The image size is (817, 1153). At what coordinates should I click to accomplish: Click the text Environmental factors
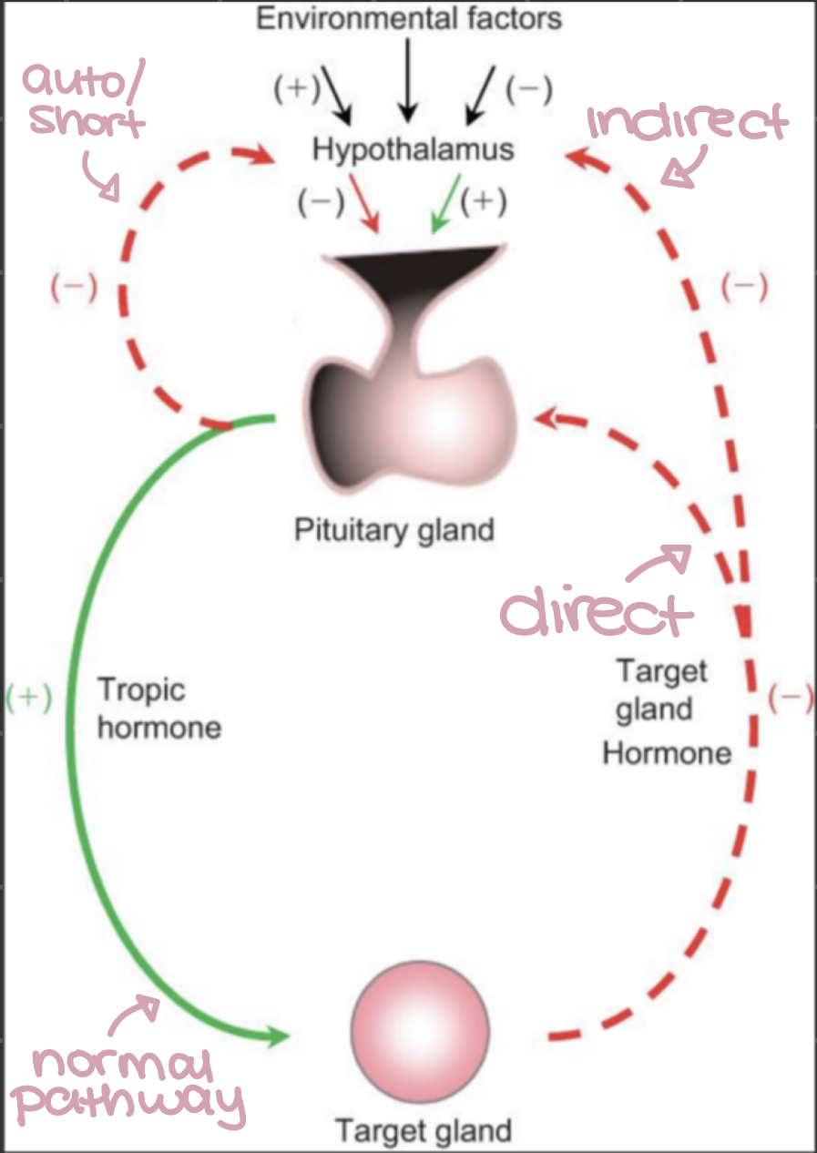coord(409,18)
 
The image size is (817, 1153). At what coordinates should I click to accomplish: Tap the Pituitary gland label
coord(393,530)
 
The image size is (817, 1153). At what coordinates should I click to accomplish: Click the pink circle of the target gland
coord(421,1030)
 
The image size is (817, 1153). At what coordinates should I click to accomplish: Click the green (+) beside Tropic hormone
coord(27,697)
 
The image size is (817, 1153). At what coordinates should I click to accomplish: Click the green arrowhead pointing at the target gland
coord(279,1036)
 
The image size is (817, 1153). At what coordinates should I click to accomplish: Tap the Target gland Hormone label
coord(664,712)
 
